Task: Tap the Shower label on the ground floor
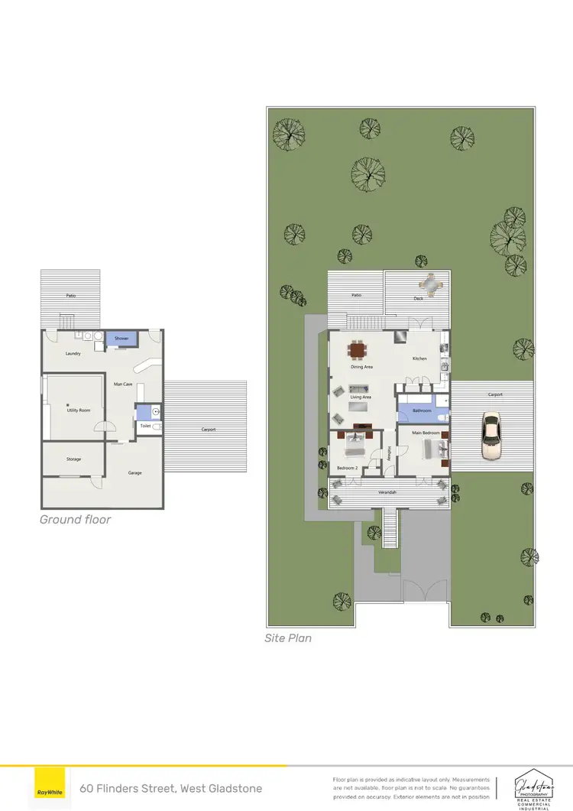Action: [x=121, y=338]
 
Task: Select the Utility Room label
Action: [x=79, y=410]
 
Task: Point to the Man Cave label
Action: [x=124, y=384]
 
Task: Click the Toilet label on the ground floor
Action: [x=145, y=426]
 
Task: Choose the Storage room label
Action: [x=73, y=459]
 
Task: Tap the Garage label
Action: [x=135, y=472]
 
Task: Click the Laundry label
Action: [x=73, y=353]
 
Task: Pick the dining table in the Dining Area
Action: [x=357, y=350]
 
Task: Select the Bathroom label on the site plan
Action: [x=422, y=410]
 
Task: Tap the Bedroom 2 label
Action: [x=347, y=467]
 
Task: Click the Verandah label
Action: [x=388, y=491]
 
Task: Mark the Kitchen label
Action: [x=419, y=358]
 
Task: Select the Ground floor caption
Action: [x=75, y=520]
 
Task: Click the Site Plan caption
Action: [x=288, y=637]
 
